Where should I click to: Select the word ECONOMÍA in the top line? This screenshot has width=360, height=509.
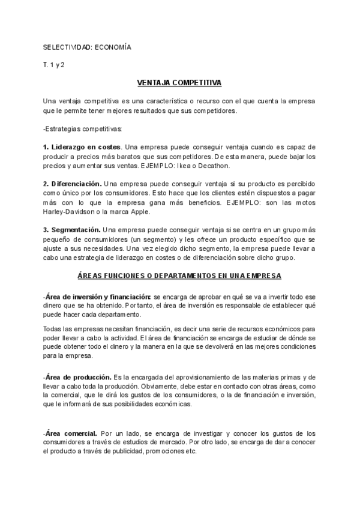110,47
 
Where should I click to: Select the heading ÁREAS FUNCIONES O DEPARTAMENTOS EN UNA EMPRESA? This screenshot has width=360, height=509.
179,276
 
